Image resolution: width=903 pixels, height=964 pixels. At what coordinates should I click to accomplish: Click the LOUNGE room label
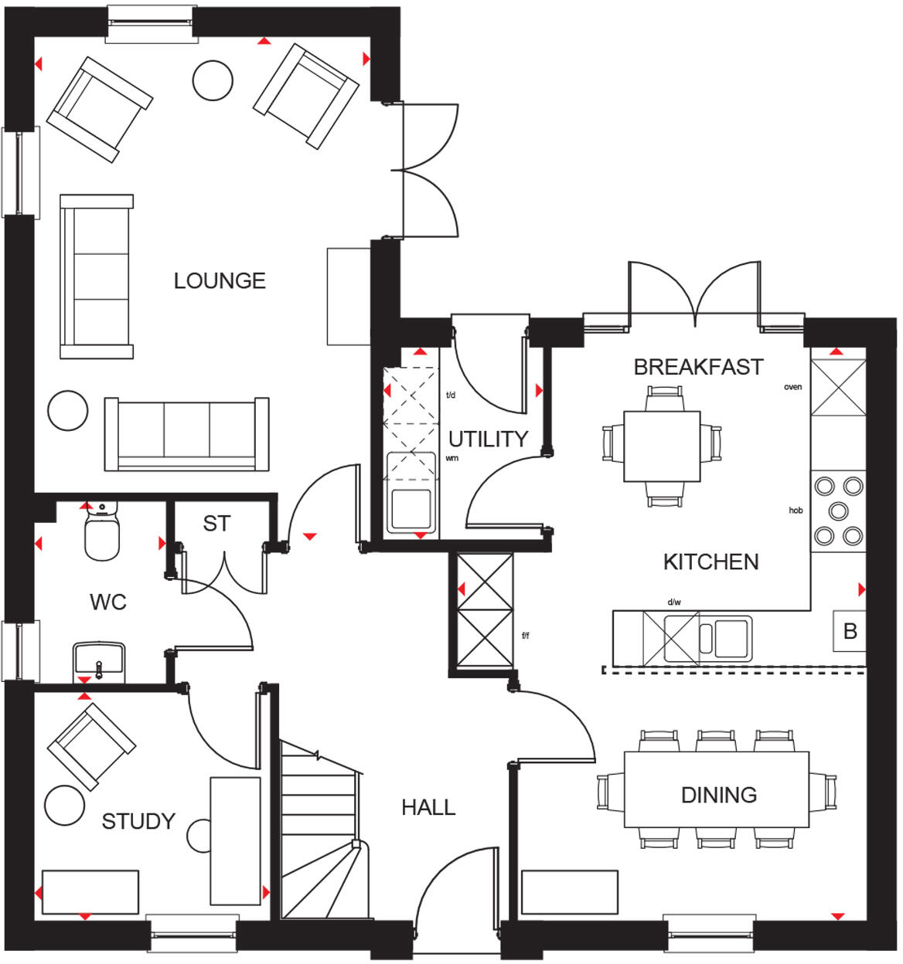coord(220,280)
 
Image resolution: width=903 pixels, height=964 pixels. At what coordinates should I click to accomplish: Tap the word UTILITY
coord(488,439)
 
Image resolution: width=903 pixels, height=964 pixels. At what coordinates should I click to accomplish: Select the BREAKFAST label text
coord(698,367)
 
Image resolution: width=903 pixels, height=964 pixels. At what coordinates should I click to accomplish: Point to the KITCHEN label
coord(710,562)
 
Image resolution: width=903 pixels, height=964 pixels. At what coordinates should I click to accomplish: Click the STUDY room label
coord(138,821)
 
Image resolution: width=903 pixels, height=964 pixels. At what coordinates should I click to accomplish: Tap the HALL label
coord(428,808)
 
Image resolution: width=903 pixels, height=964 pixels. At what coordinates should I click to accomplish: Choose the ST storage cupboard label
coord(216,524)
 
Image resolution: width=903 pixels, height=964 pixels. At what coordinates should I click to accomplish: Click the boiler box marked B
coord(850,631)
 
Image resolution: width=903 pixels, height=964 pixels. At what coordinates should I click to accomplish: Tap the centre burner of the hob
coord(838,511)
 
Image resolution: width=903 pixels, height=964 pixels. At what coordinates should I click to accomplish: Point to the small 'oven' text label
coord(792,387)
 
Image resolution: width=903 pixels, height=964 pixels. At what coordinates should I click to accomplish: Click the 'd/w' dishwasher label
coord(673,602)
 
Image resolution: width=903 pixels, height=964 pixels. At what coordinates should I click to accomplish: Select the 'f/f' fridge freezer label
coord(526,636)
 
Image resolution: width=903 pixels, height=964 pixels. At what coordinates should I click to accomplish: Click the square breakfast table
coord(662,446)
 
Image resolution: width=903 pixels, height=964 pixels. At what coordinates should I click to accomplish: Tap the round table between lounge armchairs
coord(213,80)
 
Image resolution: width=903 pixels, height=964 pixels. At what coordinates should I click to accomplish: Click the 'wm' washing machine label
coord(452,458)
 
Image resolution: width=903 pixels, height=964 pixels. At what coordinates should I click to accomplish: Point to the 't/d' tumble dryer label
coord(451,395)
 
